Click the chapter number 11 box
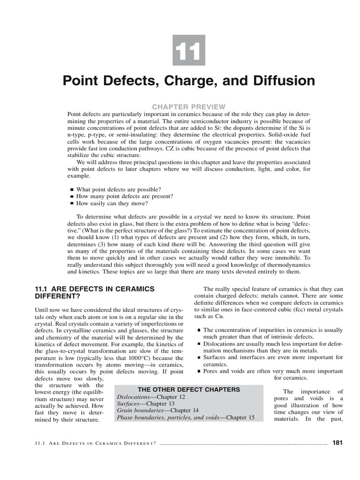point(189,50)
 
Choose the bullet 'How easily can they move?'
point(112,204)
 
